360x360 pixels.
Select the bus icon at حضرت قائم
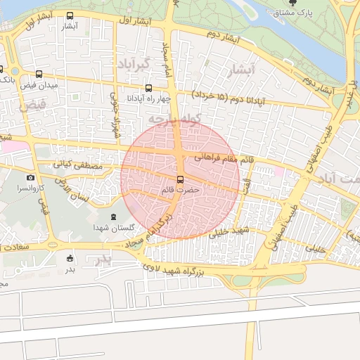click(x=181, y=179)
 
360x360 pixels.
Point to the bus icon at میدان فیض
click(x=38, y=74)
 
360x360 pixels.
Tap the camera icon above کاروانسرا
click(x=31, y=178)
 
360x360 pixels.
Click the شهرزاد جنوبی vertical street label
click(x=114, y=117)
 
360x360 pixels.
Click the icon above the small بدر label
click(x=69, y=258)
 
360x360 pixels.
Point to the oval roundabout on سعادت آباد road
click(x=52, y=245)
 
